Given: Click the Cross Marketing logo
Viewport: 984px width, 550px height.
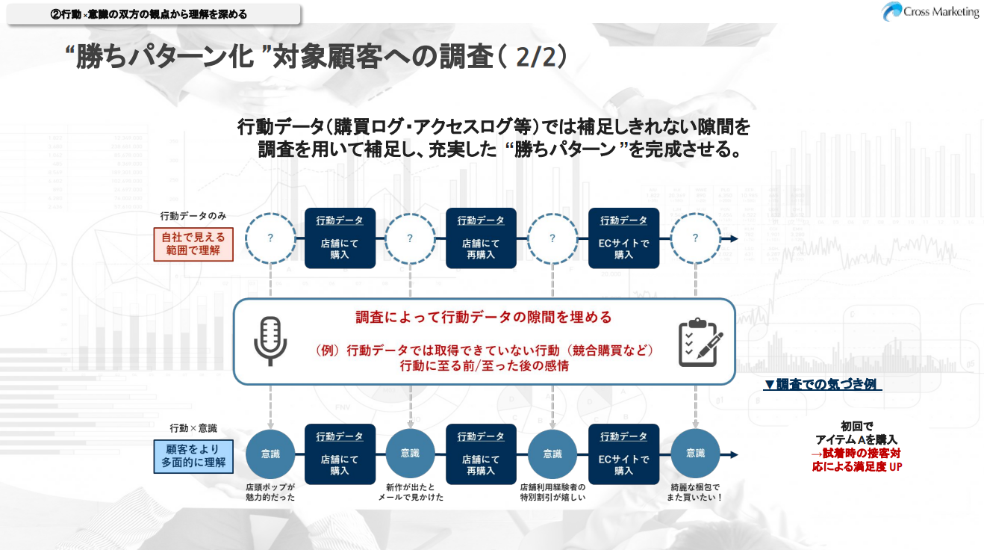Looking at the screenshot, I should pos(929,12).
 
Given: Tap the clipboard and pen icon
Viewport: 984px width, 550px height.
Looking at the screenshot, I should pos(700,342).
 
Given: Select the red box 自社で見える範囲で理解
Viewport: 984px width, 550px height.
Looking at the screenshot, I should pos(193,244).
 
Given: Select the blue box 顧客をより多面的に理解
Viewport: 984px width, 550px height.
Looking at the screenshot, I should pos(193,457).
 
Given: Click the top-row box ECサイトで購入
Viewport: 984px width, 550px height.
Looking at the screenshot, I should pos(624,238).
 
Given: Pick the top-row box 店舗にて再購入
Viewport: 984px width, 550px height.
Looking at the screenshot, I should pos(481,238).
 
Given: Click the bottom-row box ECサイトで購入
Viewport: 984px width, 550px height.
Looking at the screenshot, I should pos(624,454).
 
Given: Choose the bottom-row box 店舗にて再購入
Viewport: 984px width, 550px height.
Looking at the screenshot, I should pos(481,454).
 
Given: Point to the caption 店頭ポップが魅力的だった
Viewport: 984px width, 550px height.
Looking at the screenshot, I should pos(270,492).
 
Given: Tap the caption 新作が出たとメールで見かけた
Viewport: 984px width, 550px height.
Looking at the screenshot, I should pos(410,492).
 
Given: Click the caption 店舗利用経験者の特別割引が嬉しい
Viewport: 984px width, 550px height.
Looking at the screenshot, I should pos(552,492).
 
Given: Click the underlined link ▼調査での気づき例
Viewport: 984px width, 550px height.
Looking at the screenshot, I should pos(822,384).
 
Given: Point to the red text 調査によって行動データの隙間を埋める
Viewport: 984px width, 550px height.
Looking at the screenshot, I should pos(484,317).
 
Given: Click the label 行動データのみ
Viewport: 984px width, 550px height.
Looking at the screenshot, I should pos(193,216).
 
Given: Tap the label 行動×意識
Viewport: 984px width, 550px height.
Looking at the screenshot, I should pos(193,428).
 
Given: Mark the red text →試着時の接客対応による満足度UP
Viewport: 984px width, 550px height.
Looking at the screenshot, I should pos(856,460).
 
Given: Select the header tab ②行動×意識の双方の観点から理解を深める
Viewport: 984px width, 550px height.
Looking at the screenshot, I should pos(154,14).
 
